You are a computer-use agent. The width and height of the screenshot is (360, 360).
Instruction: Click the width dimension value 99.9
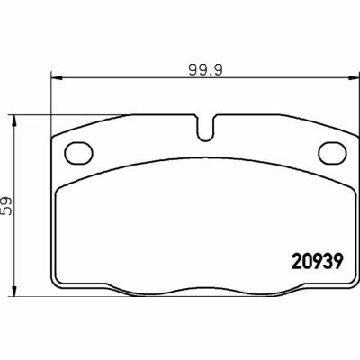click(206, 70)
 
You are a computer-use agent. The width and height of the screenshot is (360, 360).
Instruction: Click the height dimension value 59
click(6, 206)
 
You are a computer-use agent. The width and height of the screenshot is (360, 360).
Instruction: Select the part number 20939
click(318, 262)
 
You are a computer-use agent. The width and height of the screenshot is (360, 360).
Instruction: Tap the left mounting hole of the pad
click(78, 153)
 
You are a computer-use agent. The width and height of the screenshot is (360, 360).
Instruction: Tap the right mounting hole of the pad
click(332, 153)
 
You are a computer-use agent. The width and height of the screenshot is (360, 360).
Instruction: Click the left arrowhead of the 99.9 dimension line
click(57, 78)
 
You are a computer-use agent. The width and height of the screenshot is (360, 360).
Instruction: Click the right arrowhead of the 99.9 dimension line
click(355, 78)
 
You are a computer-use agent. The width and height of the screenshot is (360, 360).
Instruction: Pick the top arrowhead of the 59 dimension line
click(13, 121)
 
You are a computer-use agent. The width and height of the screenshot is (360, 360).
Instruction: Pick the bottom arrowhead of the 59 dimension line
click(13, 292)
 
